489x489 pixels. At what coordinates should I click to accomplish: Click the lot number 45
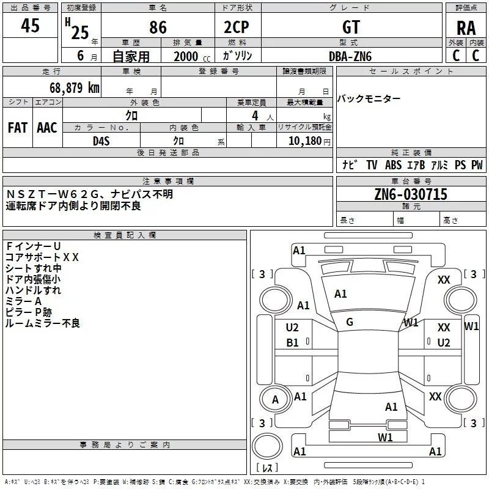click(x=30, y=26)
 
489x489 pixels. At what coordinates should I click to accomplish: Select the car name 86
click(x=158, y=28)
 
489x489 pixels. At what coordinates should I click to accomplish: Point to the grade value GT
click(x=351, y=28)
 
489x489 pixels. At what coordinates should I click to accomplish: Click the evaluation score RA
click(x=466, y=28)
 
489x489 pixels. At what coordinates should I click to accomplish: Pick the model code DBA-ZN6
click(x=350, y=56)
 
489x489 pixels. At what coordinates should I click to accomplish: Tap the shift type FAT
click(x=17, y=128)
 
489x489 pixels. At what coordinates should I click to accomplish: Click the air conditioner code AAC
click(x=47, y=128)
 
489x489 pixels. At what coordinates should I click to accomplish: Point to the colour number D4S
click(x=100, y=141)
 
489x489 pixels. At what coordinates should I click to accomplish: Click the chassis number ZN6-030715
click(x=411, y=195)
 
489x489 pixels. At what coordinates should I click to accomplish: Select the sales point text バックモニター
click(x=369, y=99)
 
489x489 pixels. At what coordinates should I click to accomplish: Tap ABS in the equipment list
click(x=393, y=165)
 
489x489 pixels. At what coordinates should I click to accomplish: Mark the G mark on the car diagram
click(x=350, y=322)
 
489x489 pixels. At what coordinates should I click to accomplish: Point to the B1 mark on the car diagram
click(x=293, y=343)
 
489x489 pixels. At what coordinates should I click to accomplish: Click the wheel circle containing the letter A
click(x=275, y=400)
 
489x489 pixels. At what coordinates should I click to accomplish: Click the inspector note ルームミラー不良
click(x=42, y=323)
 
